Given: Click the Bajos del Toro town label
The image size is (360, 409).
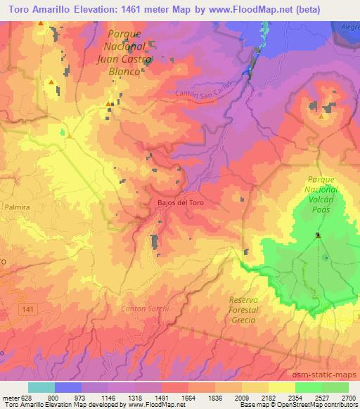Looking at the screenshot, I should tap(179, 202).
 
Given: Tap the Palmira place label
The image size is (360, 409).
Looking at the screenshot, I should tap(16, 207).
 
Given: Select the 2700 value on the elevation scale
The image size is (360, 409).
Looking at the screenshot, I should tap(349, 397).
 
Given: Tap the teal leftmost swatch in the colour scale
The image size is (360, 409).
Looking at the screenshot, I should tap(41, 387).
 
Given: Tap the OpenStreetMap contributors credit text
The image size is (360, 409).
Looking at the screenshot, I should tap(322, 405).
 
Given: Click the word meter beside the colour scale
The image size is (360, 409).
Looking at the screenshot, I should tap(9, 397).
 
